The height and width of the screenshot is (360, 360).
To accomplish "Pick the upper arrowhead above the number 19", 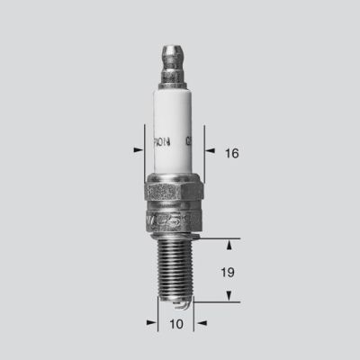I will [231, 246].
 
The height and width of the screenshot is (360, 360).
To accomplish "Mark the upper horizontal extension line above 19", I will [216, 239].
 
